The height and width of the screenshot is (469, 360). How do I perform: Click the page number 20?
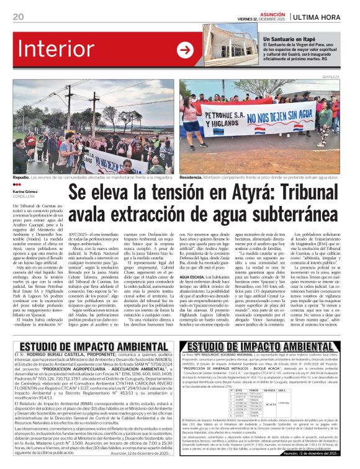click(x=18, y=17)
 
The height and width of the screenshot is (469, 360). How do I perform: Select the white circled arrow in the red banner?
click(x=185, y=50)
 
